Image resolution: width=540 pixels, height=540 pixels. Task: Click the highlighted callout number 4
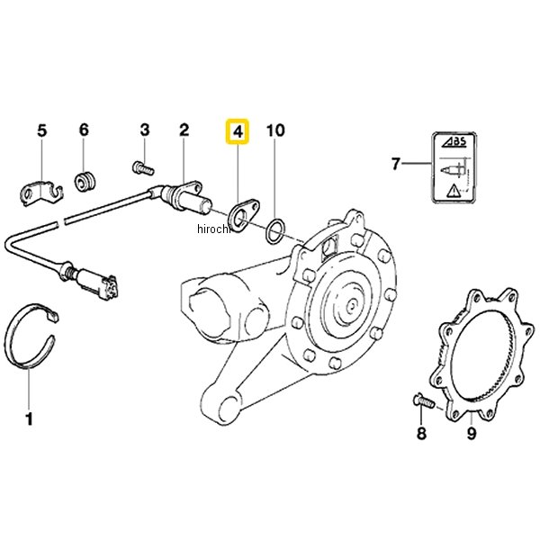pos(238,131)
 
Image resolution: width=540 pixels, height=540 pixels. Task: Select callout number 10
pos(275,131)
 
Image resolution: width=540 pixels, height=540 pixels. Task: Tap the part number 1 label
pos(28,418)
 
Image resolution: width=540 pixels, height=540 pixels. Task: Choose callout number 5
pos(40,131)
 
